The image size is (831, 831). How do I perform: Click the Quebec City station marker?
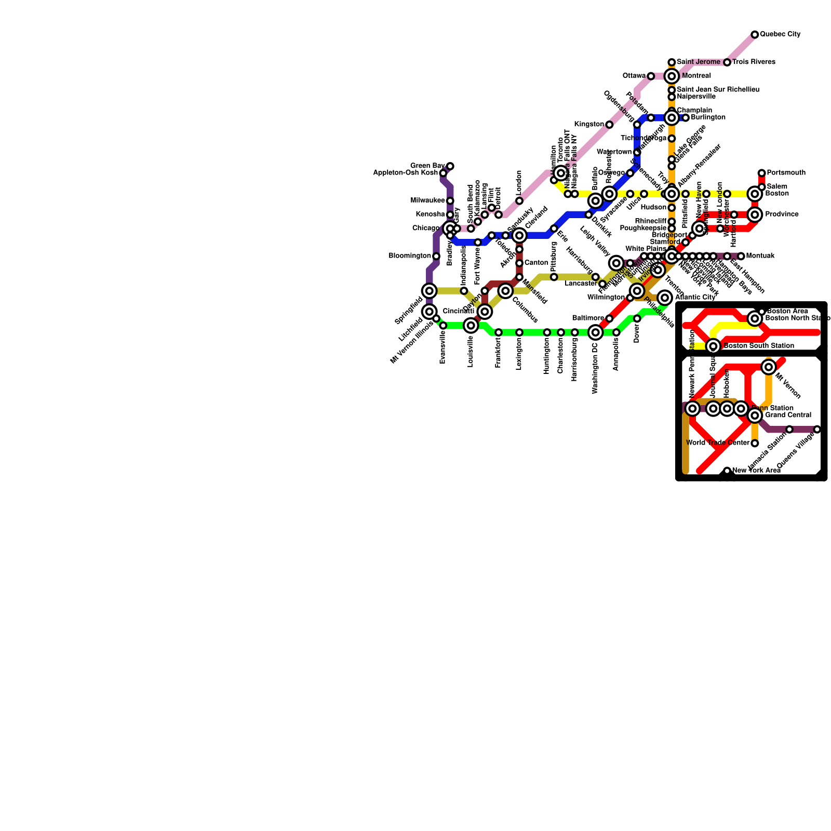point(755,35)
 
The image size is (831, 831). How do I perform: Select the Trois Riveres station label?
point(754,62)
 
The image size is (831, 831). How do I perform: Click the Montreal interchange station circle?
point(672,76)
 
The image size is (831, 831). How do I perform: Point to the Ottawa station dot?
point(651,76)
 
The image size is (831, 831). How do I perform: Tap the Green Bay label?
point(427,166)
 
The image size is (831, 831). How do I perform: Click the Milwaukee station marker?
point(450,201)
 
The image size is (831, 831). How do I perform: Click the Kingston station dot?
point(609,125)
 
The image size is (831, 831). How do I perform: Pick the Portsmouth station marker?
point(761,173)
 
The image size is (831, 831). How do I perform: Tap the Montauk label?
point(760,256)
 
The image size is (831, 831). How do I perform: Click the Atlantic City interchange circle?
point(665,298)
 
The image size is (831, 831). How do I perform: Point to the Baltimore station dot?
point(609,318)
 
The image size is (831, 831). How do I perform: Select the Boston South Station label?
point(759,346)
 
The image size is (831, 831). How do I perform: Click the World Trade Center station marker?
point(755,443)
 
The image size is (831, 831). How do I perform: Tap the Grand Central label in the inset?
point(788,415)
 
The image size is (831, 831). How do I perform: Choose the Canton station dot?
point(519,263)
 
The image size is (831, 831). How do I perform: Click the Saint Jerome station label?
point(699,62)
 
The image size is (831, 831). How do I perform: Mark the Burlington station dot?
point(686,118)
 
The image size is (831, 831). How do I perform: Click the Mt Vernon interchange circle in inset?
point(769,367)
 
